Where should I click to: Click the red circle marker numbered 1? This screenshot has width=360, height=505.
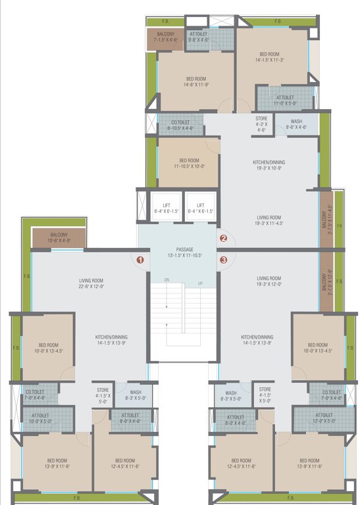pos(140,260)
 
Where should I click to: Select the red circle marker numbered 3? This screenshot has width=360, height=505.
pos(223,260)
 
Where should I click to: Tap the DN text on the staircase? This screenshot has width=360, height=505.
pos(167,280)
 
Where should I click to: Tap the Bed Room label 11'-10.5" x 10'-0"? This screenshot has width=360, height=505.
pos(188,164)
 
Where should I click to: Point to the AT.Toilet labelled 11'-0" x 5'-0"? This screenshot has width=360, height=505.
pos(285,99)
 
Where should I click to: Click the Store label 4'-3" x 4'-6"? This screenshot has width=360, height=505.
pos(261,124)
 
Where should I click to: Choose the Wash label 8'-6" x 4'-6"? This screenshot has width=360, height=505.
pos(296,124)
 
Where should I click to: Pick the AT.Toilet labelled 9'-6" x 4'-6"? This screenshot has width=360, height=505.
pos(199,36)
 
